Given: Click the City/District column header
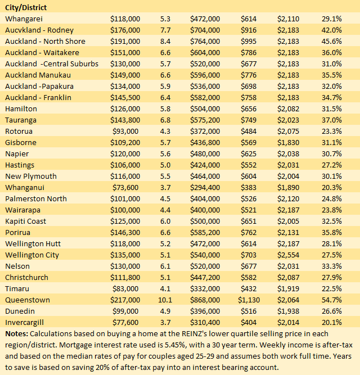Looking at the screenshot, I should (x=26, y=7).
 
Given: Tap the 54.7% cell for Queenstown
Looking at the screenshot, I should (x=332, y=300).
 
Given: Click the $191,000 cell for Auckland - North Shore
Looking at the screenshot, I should (x=125, y=41).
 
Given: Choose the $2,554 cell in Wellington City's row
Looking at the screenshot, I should (x=289, y=255).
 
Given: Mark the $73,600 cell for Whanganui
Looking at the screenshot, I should (x=127, y=187).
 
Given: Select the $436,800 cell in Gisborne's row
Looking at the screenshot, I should (x=205, y=142).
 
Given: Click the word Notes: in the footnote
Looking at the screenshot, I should (x=16, y=333).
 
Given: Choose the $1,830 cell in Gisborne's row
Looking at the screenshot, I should (x=289, y=142).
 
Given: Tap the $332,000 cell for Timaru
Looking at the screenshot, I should (x=205, y=288).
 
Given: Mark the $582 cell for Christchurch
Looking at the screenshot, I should (x=248, y=277).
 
